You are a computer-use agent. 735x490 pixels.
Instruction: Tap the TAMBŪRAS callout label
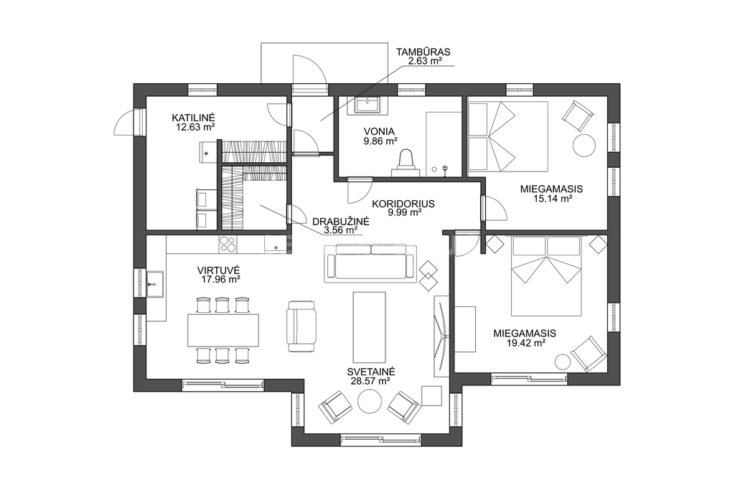[x=423, y=52]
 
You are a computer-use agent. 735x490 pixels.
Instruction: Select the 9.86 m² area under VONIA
[x=380, y=141]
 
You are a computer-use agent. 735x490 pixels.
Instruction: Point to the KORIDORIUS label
[x=403, y=204]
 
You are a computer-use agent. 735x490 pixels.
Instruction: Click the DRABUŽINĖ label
[x=341, y=221]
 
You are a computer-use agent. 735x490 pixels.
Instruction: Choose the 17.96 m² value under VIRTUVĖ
[x=219, y=280]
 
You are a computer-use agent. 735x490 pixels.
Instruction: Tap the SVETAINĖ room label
[x=371, y=372]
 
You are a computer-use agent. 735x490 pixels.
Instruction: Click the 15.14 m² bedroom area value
[x=552, y=199]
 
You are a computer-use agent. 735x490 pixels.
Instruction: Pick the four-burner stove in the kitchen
[x=228, y=244]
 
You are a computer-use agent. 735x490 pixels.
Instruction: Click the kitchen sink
[x=155, y=284]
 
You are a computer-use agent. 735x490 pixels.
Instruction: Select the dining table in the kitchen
[x=223, y=330]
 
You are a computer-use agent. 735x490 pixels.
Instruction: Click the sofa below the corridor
[x=371, y=263]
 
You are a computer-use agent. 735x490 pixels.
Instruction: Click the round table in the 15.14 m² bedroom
[x=584, y=146]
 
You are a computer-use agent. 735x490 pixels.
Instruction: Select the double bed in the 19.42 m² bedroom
[x=546, y=276]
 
